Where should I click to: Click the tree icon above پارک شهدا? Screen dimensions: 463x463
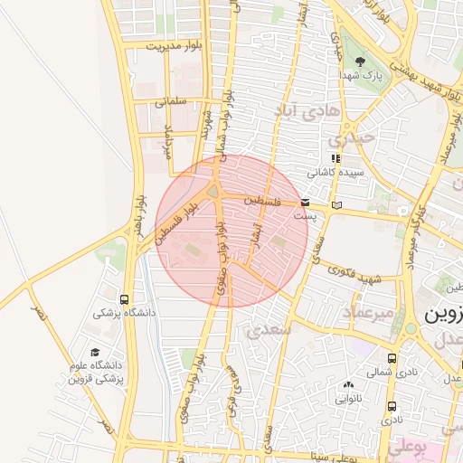pyautogui.click(x=362, y=61)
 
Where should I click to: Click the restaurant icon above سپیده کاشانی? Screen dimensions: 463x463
pyautogui.click(x=335, y=158)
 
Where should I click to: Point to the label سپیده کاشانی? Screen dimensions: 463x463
pyautogui.click(x=333, y=172)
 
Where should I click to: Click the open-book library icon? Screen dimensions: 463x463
pyautogui.click(x=337, y=206)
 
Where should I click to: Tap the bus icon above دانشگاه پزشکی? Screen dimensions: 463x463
pyautogui.click(x=124, y=299)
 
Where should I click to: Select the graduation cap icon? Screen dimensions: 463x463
pyautogui.click(x=95, y=353)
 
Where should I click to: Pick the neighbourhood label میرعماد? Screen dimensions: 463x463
pyautogui.click(x=368, y=312)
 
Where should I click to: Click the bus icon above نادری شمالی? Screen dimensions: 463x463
pyautogui.click(x=391, y=358)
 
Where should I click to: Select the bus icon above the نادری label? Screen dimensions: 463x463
pyautogui.click(x=391, y=406)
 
